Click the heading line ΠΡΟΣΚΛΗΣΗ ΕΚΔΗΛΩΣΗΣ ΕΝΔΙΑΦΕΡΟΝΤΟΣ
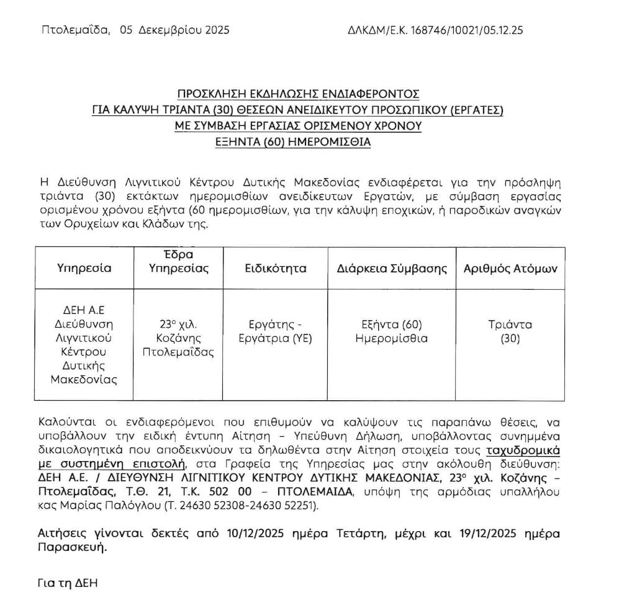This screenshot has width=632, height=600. (x=298, y=94)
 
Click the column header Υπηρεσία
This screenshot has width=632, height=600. (x=84, y=269)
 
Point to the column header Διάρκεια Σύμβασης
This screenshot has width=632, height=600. (x=392, y=269)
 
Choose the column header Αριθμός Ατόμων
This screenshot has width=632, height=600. (x=510, y=269)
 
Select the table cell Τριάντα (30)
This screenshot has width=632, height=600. (x=510, y=331)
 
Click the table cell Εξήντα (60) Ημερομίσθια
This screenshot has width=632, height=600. (x=392, y=331)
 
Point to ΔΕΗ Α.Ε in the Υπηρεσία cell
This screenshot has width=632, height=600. (x=84, y=310)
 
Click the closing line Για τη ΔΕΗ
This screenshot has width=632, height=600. (x=68, y=583)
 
